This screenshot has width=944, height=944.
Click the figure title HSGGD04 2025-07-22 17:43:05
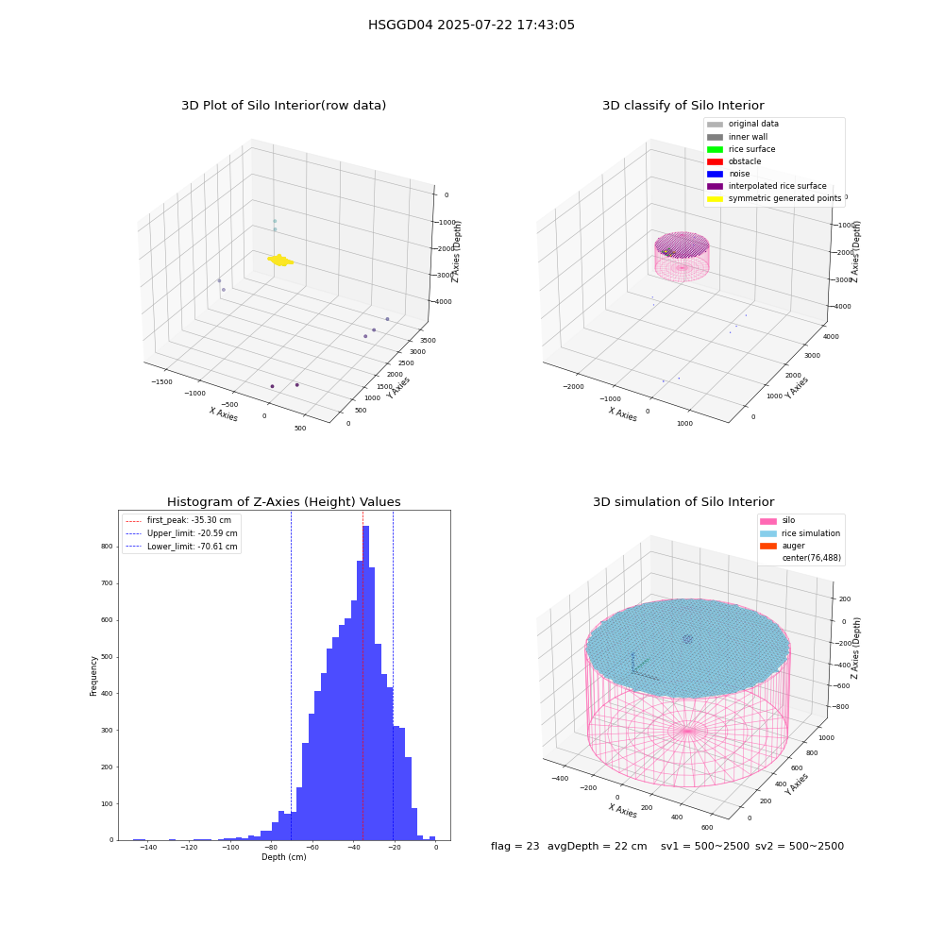click(471, 25)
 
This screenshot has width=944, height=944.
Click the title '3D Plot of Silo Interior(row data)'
click(283, 106)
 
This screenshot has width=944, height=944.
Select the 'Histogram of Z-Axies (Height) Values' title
click(283, 501)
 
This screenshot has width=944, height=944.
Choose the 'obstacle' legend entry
click(733, 161)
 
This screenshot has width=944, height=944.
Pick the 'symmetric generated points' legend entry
click(774, 198)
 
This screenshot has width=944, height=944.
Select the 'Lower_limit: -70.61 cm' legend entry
click(181, 547)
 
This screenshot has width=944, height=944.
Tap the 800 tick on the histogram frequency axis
click(107, 547)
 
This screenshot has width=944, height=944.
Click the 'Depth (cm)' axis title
click(283, 857)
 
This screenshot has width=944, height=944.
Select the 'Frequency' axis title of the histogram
click(93, 676)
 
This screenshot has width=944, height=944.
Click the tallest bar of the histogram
click(365, 683)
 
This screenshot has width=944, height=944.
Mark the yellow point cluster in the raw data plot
click(280, 261)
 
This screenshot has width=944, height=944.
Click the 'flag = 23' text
click(514, 846)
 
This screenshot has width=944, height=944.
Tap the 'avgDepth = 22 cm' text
click(597, 846)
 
